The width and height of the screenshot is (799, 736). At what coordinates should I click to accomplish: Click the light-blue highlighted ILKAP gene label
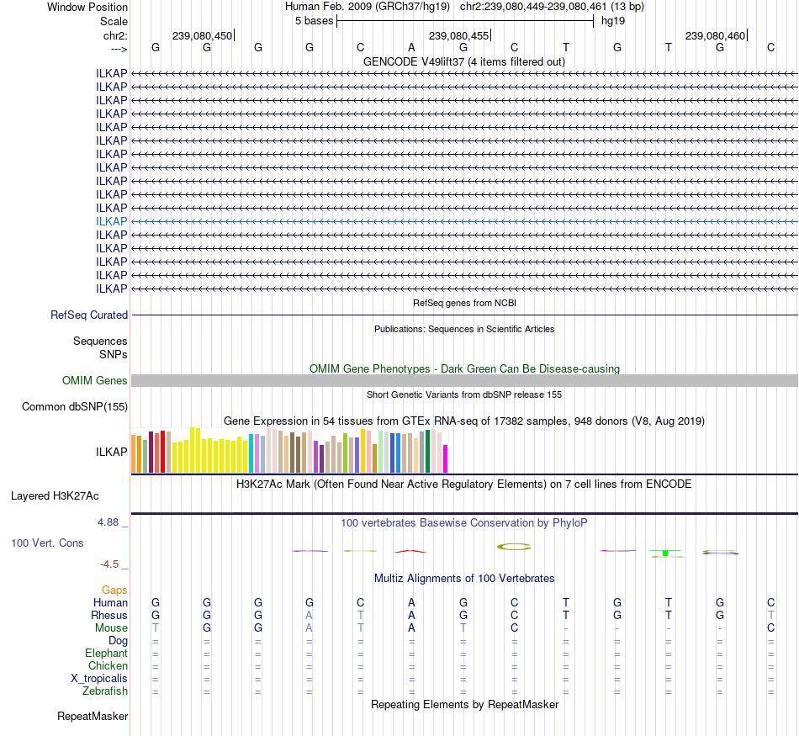pyautogui.click(x=112, y=221)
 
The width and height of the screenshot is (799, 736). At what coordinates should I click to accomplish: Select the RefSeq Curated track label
pyautogui.click(x=89, y=315)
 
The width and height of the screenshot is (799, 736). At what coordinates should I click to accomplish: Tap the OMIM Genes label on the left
pyautogui.click(x=95, y=381)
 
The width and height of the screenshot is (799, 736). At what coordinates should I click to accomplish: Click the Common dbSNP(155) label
pyautogui.click(x=75, y=407)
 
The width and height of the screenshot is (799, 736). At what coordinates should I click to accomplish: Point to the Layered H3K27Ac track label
pyautogui.click(x=55, y=495)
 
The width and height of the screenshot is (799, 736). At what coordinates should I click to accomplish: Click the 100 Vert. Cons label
pyautogui.click(x=47, y=543)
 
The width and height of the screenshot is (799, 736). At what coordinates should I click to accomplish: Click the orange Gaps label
pyautogui.click(x=114, y=590)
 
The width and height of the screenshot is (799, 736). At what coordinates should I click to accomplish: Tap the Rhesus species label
pyautogui.click(x=109, y=616)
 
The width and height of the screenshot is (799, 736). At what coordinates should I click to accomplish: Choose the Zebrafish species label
pyautogui.click(x=106, y=691)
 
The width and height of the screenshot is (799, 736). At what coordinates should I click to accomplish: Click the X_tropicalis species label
pyautogui.click(x=99, y=679)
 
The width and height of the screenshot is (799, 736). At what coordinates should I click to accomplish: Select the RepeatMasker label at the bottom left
pyautogui.click(x=93, y=717)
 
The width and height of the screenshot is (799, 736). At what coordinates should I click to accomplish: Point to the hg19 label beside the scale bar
pyautogui.click(x=612, y=20)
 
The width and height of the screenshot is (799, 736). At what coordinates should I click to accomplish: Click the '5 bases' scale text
pyautogui.click(x=314, y=20)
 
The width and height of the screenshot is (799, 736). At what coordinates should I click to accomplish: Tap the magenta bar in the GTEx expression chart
pyautogui.click(x=446, y=458)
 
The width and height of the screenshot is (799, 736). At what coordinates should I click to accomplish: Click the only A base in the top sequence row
pyautogui.click(x=412, y=48)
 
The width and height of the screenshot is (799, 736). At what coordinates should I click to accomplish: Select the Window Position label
pyautogui.click(x=87, y=7)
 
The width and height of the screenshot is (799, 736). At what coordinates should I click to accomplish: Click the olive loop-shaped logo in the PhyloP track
pyautogui.click(x=514, y=547)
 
